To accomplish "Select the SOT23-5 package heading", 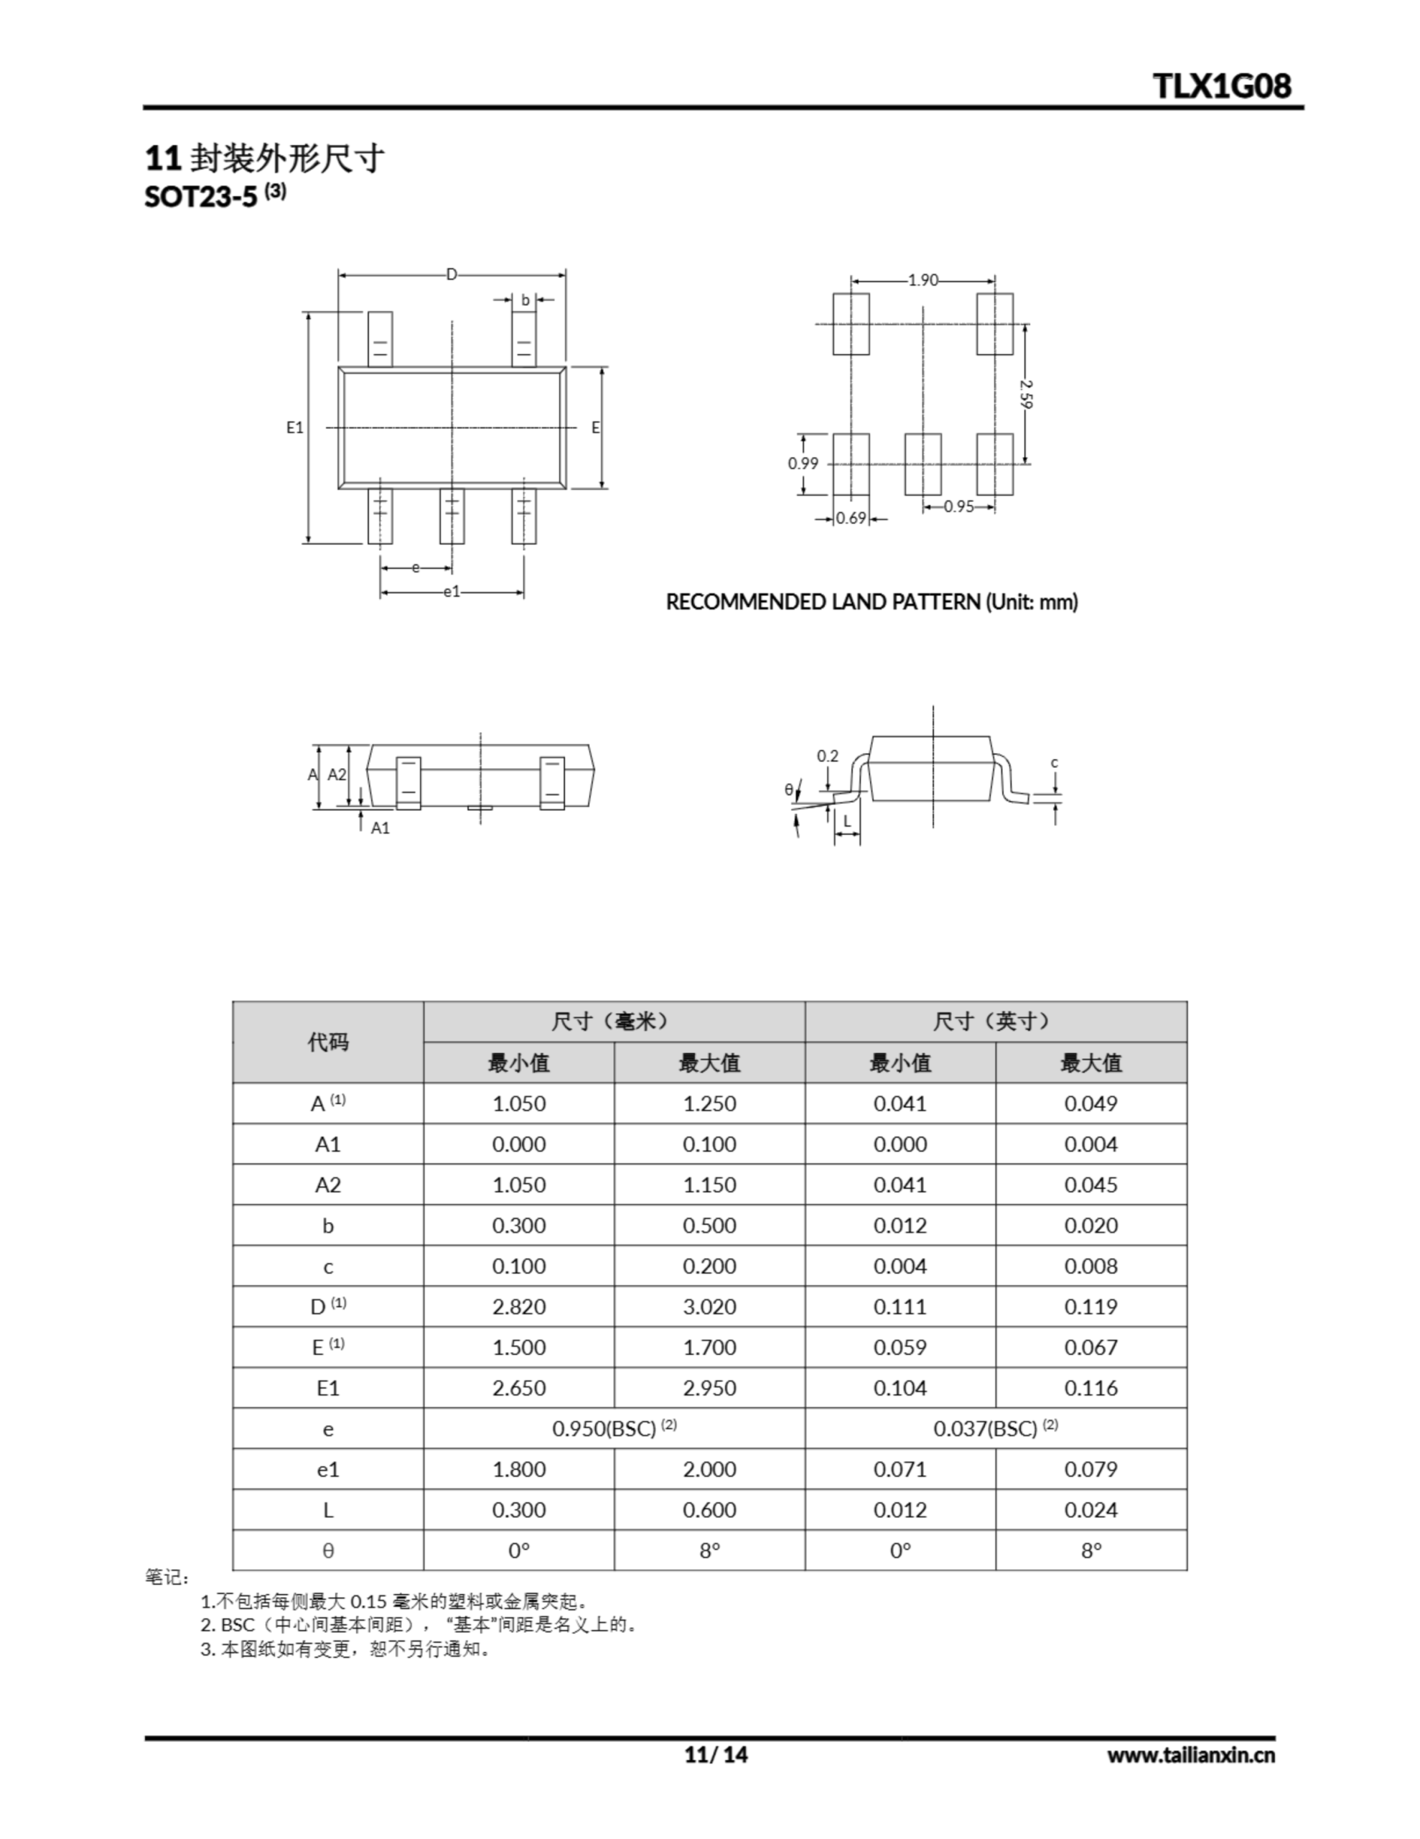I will pos(200,196).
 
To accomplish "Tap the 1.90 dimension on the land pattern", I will pos(922,280).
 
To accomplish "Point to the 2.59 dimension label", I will pos(1026,394).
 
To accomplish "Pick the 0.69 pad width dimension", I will pos(851,519).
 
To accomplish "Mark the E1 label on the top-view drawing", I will pos(294,427).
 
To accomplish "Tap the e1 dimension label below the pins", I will pos(452,592).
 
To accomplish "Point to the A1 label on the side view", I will pos(380,828).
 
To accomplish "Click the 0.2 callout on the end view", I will pos(828,756).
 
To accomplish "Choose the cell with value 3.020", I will pos(709,1307).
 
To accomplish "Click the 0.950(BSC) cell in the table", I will pos(614,1429).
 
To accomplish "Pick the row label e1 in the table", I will pos(327,1469).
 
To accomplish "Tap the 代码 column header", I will pos(327,1042).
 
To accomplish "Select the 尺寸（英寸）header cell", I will pos(995,1022).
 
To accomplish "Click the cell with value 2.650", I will pos(518,1388).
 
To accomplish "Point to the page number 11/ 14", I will pos(716,1755).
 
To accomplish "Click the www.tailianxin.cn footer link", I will pos(1190,1755).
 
